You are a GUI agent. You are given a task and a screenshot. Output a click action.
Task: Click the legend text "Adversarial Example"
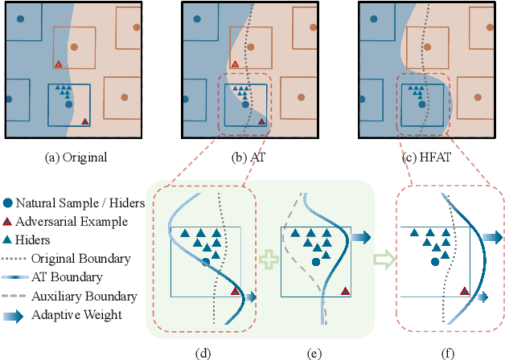[72, 221]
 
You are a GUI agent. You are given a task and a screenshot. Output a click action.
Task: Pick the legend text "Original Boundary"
[81, 258]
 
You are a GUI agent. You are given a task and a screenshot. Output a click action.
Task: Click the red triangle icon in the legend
[7, 221]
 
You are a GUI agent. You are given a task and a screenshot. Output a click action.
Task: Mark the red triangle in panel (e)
[345, 291]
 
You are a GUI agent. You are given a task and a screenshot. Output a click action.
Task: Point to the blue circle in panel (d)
[207, 262]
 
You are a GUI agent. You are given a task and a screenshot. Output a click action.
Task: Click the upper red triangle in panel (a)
[58, 63]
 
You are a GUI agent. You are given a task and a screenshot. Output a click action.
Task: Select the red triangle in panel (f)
[465, 291]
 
